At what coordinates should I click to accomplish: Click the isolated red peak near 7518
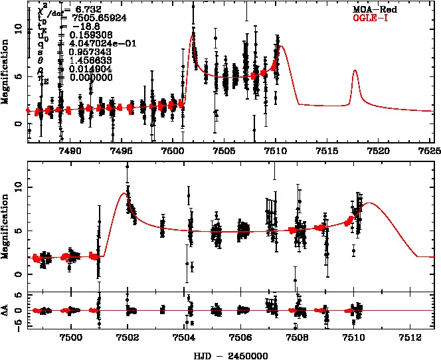point(355,71)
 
